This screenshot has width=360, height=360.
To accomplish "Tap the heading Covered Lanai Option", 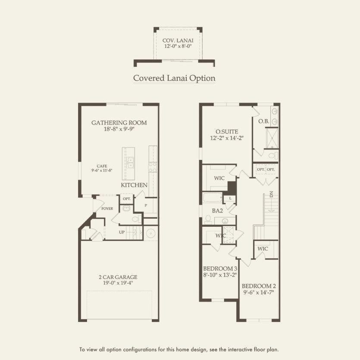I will (174, 78).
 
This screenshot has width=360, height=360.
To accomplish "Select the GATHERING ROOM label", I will (119, 123).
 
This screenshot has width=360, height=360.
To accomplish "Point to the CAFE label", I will (102, 166).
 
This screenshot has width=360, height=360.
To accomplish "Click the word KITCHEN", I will (134, 185).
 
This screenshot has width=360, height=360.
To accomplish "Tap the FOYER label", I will (107, 209).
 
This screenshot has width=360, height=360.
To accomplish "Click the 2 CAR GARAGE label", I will (117, 277).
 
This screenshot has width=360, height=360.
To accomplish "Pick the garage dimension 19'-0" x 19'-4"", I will (117, 284).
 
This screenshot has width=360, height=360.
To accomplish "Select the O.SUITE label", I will (227, 131).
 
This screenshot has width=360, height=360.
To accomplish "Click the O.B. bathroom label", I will (263, 122).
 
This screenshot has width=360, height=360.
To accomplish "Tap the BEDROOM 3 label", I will (220, 268).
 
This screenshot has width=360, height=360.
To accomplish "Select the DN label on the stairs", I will (272, 194).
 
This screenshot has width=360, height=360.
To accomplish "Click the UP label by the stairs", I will (122, 232).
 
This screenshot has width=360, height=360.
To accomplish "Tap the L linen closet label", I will (231, 198).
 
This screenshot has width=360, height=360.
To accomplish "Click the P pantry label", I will (146, 206).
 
